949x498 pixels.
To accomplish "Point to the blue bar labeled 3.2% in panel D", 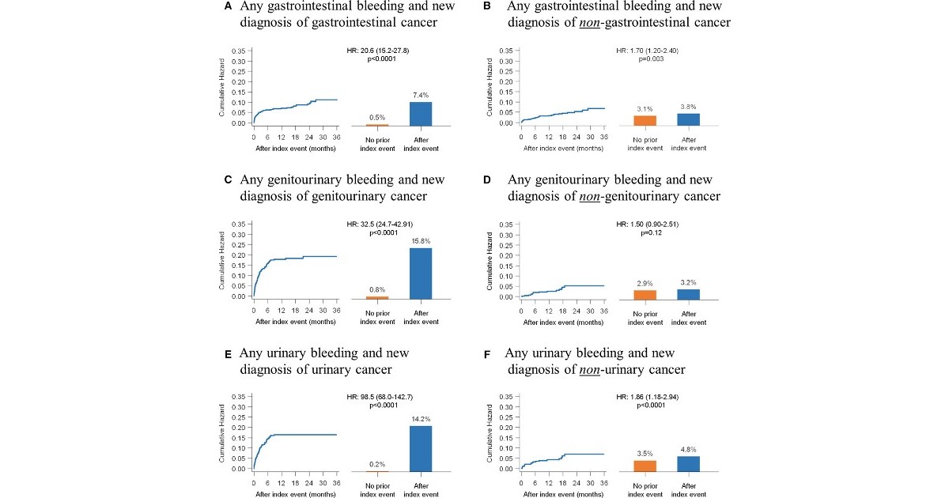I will [688, 294].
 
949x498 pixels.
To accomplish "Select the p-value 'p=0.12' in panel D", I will [648, 232].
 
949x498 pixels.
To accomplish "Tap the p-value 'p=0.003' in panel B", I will [648, 59].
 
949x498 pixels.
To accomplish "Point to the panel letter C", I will [228, 180].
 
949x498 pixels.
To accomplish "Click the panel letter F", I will [487, 354].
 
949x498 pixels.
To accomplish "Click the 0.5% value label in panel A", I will [377, 117].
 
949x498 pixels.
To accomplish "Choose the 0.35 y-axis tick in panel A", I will [240, 51].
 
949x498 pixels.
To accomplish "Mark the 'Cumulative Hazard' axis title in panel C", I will [223, 260].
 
